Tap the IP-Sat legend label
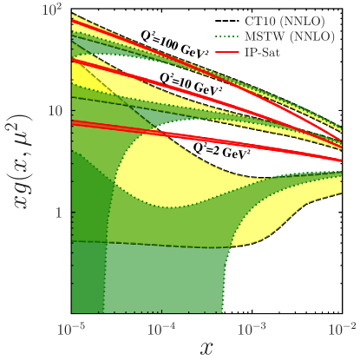tap(291, 53)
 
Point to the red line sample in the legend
tap(232, 53)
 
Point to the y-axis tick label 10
tap(56, 112)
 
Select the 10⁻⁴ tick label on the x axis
tap(162, 330)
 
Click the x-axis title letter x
tap(206, 348)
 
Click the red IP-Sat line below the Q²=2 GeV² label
tap(260, 148)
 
